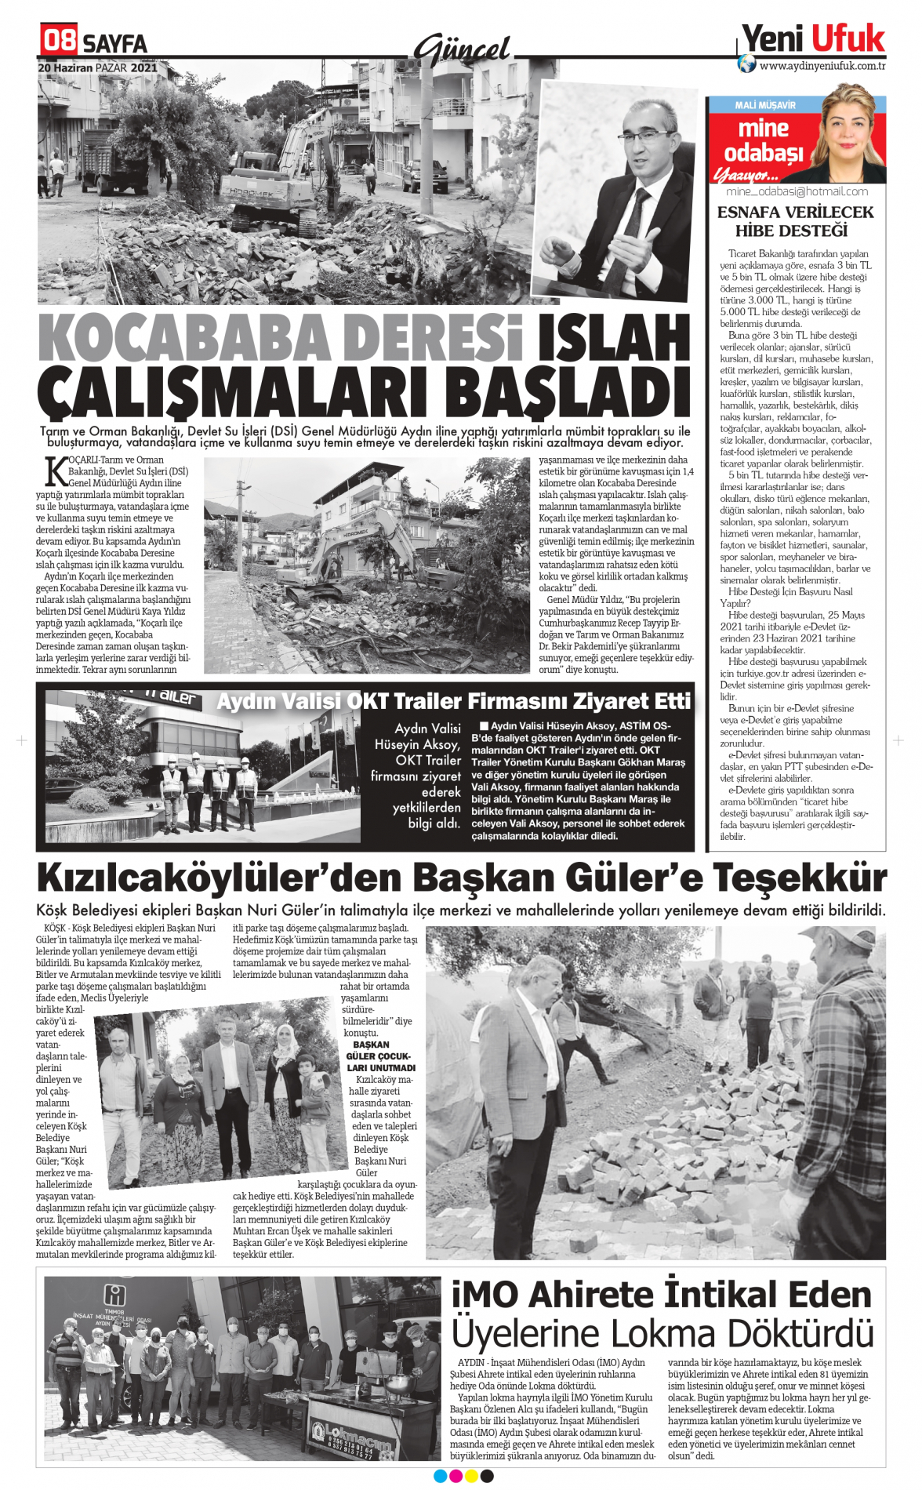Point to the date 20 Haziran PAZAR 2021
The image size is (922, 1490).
pos(98,68)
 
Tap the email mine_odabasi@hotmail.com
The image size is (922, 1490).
pos(797,191)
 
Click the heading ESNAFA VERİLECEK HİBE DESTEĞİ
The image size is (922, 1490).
pos(795,221)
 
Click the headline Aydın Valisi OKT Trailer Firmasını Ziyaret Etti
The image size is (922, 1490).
pos(453,701)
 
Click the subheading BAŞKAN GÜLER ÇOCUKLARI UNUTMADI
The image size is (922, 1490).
pos(380,1056)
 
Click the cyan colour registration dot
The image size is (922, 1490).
pos(440,1476)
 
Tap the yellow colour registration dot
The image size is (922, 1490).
pos(471,1476)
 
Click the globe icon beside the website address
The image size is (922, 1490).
pos(747,65)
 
